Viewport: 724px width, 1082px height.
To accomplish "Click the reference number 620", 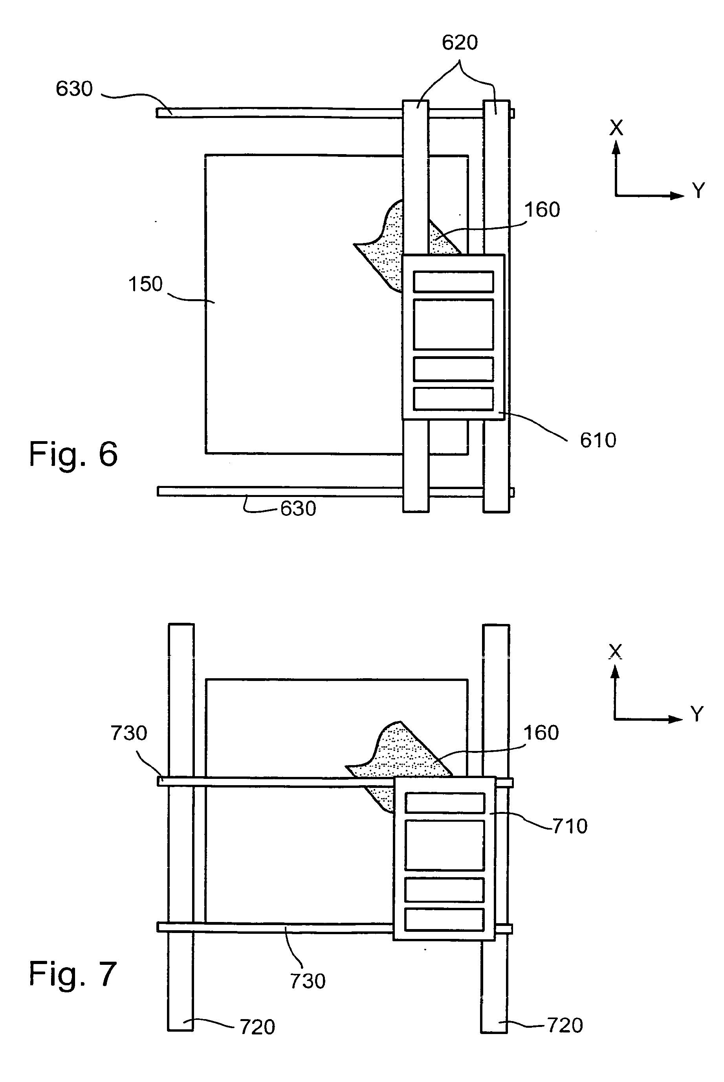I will coord(460,43).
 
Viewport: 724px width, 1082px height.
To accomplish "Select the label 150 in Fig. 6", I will coord(145,284).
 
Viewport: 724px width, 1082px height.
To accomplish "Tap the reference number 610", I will coord(598,440).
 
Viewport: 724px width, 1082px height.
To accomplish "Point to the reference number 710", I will coord(570,826).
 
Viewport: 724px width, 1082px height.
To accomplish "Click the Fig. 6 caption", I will coord(73,454).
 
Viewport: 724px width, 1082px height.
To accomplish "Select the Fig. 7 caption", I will coord(73,974).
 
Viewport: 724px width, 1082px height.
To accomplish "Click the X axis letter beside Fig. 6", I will coord(616,128).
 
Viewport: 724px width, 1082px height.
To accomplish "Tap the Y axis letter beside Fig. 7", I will coord(697,714).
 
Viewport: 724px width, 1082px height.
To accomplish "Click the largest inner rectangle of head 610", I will coord(453,324).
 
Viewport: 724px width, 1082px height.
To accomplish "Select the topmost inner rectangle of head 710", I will coord(445,803).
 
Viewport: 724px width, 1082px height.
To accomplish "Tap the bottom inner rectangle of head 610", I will coord(453,399).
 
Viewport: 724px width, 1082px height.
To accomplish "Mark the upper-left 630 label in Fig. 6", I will coord(74,89).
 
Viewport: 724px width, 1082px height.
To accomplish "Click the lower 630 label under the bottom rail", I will coord(298,509).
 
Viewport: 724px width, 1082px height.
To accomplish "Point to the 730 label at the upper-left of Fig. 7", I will coord(129,733).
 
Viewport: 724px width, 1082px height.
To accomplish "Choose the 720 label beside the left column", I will coord(257,1027).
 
